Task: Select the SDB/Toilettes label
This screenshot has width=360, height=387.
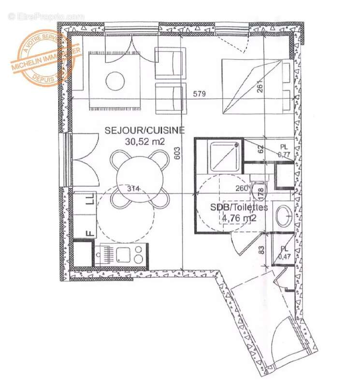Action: point(239,207)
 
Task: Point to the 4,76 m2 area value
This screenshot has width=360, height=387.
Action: point(239,218)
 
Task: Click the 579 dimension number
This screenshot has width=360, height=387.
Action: point(199,94)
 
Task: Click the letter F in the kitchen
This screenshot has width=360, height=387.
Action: point(89,233)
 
